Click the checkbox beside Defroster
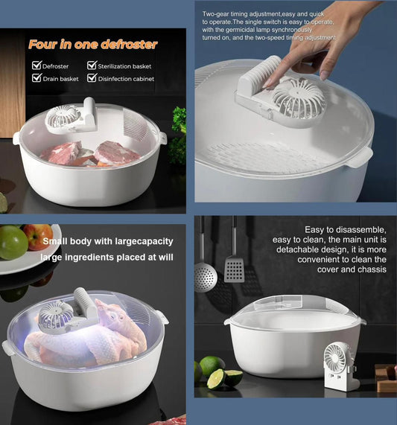(36, 65)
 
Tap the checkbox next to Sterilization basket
(92, 65)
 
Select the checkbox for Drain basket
(36, 78)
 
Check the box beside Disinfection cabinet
(92, 78)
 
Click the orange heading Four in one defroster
(93, 45)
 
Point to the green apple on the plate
(13, 242)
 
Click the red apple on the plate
(39, 237)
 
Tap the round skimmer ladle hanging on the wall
(206, 277)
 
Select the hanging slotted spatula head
(235, 269)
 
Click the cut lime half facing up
(216, 379)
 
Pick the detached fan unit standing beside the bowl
(340, 366)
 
